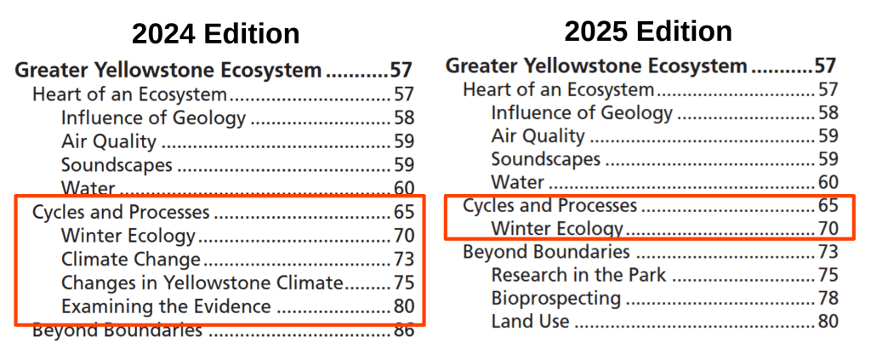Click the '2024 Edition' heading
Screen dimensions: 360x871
tap(215, 33)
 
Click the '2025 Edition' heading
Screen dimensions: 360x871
tap(647, 31)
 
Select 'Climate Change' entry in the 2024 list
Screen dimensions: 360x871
tap(131, 259)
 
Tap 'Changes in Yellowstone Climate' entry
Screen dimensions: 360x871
tap(202, 283)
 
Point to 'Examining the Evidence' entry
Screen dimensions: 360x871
tap(166, 306)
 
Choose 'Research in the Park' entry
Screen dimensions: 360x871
tap(578, 275)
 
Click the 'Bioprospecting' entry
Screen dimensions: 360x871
tap(555, 299)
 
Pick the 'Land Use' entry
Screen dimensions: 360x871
tap(530, 322)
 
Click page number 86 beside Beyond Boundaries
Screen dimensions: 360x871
tap(403, 330)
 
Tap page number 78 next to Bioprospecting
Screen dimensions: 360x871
tap(828, 299)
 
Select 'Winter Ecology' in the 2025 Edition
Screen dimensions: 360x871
tap(558, 228)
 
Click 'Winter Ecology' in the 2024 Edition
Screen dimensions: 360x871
tap(128, 236)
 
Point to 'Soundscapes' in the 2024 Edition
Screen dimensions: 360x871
tap(117, 165)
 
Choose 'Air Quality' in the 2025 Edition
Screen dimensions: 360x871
tap(538, 135)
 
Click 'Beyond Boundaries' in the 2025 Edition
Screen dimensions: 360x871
tap(546, 252)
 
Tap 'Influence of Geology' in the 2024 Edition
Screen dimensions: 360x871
tap(153, 118)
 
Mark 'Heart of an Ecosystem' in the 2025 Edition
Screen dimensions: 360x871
tap(558, 89)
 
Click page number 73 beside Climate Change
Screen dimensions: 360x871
tap(403, 259)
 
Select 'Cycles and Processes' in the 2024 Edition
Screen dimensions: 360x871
tap(121, 212)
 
